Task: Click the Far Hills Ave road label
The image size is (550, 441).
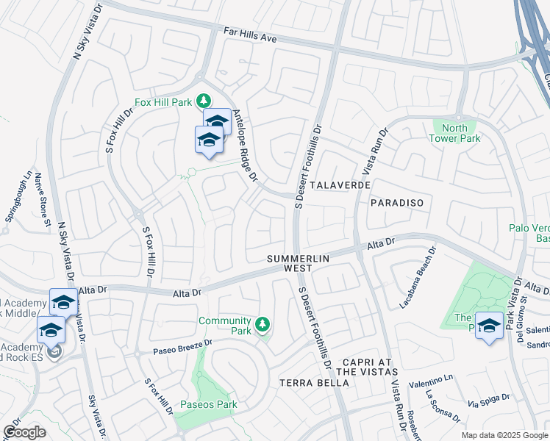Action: tap(250, 35)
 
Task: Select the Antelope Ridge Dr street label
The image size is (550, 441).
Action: tap(246, 146)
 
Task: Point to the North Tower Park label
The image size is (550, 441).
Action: tap(454, 133)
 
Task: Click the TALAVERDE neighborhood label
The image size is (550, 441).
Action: tap(340, 186)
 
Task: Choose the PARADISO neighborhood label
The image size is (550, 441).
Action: tap(397, 201)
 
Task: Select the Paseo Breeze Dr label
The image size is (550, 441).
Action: tap(183, 344)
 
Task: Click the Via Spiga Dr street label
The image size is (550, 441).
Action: tap(489, 401)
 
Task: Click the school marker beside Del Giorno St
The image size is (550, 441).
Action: tap(490, 326)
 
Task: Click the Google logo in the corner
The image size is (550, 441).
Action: tap(24, 432)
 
